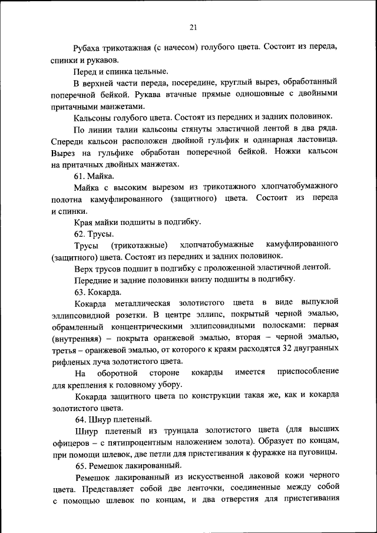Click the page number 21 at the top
pos(193,27)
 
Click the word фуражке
pos(280,453)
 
